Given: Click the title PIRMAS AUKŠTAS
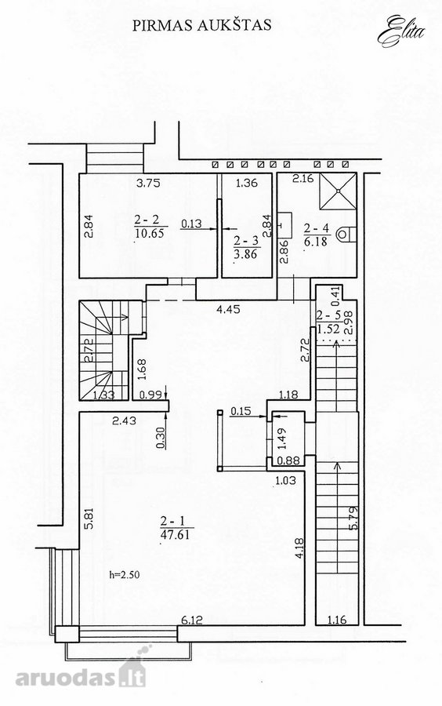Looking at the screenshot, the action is coord(202,25).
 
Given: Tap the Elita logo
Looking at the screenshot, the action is coord(401,31).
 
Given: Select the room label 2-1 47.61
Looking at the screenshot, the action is coord(175,528).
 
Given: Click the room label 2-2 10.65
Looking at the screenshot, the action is coord(150,226).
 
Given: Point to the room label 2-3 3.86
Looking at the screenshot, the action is coord(245,248).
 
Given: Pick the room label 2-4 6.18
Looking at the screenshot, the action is coord(317,235).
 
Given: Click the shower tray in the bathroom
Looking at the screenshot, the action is coord(338,191).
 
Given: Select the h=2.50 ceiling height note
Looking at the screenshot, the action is coord(125,574).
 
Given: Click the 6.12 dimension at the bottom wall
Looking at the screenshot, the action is coord(192,620).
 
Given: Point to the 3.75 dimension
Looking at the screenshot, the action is coord(148,183).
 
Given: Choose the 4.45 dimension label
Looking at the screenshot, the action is coord(228,309).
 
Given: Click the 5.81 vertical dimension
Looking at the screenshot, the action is coord(89,519).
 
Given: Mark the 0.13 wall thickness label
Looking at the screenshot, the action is coord(191,224).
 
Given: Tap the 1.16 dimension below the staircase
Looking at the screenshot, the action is coord(337,620).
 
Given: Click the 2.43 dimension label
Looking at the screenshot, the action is coord(124,421).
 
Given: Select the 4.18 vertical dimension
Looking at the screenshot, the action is coord(299,549).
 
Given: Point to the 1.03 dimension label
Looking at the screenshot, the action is coord(286,480).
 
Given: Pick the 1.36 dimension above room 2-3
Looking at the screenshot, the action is coord(247,183).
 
